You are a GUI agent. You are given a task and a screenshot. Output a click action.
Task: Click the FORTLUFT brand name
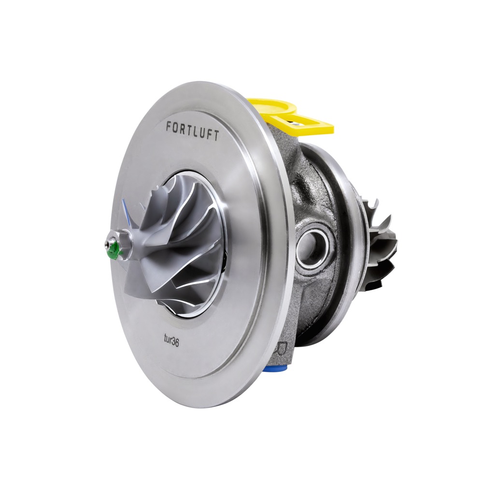point(193,130)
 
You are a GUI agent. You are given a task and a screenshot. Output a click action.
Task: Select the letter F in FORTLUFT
point(169,126)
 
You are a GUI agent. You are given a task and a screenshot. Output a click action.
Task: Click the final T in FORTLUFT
point(216,136)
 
